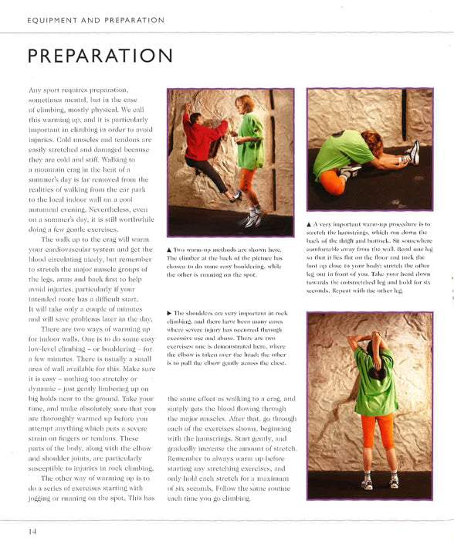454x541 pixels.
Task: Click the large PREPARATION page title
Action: tap(100, 57)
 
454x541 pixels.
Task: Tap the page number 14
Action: tap(32, 530)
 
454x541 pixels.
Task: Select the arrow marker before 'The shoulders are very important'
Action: tap(170, 312)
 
